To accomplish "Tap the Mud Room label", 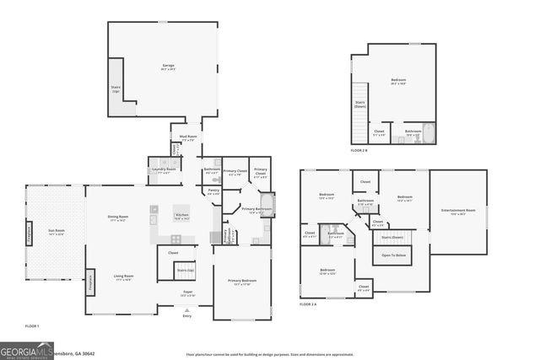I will [x=187, y=137].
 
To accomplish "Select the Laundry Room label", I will [x=165, y=169].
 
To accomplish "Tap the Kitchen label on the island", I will [x=182, y=217].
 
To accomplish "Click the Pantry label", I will [x=213, y=191].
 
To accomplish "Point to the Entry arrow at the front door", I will [x=186, y=310].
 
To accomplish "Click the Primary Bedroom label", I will [x=241, y=282].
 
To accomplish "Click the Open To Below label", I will [x=393, y=255].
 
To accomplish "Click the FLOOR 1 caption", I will [x=32, y=325].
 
